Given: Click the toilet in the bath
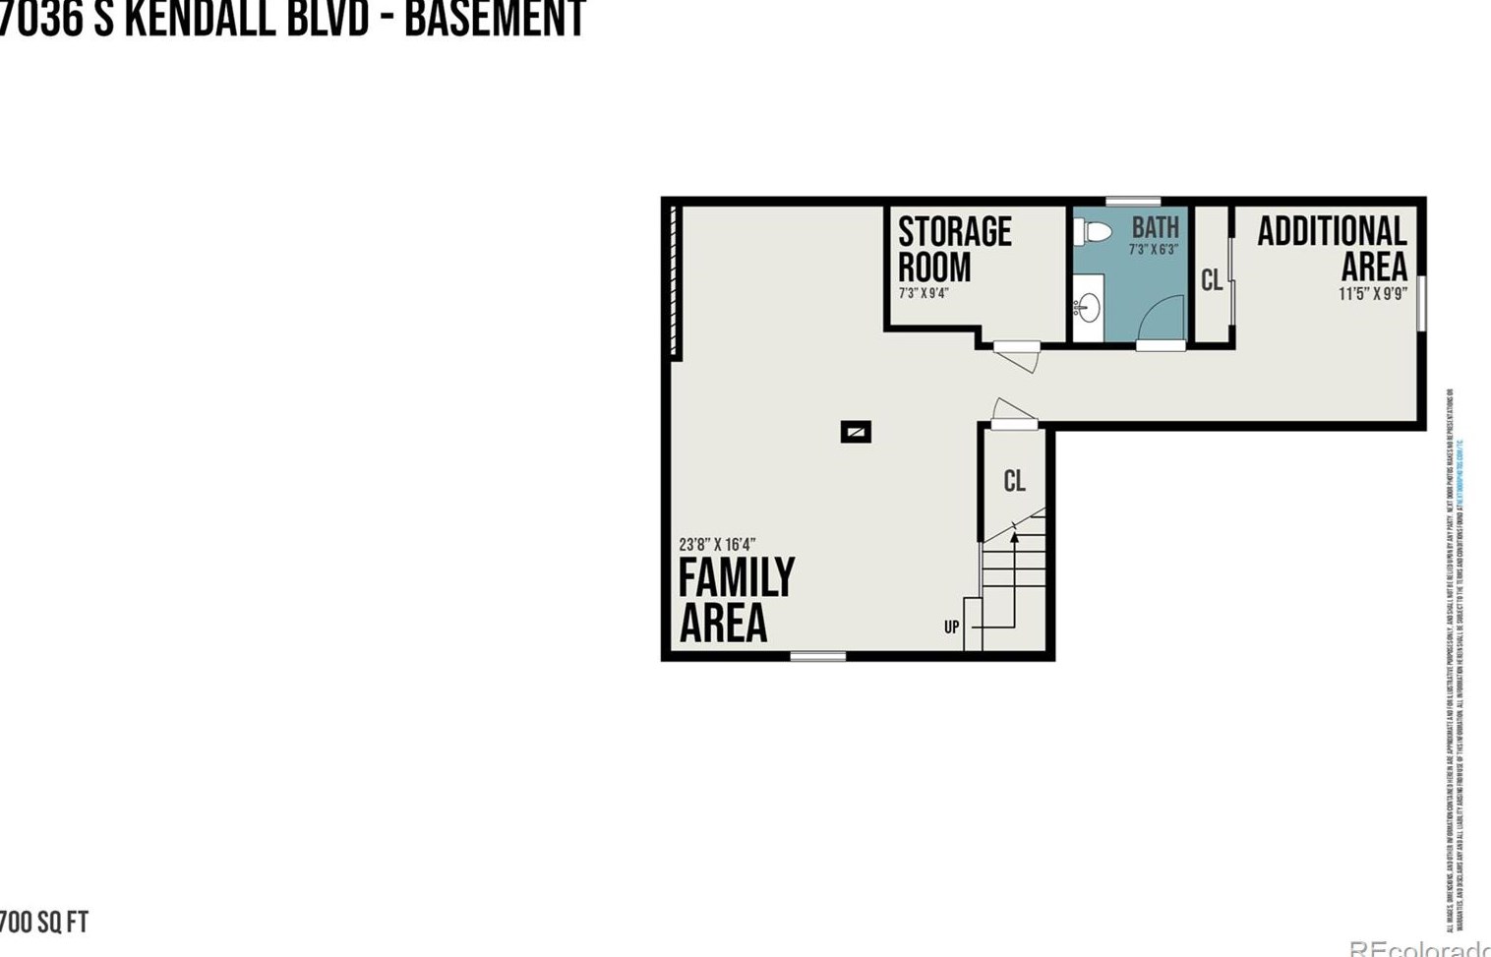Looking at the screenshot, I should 1093,232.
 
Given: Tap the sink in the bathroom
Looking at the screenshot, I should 1087,308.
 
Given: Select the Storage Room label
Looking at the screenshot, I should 953,249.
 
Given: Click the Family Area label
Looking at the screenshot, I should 735,599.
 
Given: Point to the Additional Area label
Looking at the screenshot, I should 1333,248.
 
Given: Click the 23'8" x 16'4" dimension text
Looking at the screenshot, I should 717,544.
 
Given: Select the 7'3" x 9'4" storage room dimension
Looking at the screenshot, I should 923,293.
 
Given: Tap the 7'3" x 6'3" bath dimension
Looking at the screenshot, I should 1153,250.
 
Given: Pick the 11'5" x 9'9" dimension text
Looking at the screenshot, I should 1372,293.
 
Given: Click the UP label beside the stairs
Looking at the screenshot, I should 951,627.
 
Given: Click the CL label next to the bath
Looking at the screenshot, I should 1212,280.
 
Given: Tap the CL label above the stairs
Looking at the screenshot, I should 1014,480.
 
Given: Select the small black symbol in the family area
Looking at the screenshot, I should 856,431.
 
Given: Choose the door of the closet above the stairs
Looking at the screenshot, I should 1013,413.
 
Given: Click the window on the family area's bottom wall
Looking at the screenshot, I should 817,656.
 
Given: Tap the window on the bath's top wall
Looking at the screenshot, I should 1132,202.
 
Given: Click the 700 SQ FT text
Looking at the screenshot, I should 43,922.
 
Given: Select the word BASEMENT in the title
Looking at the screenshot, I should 495,19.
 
